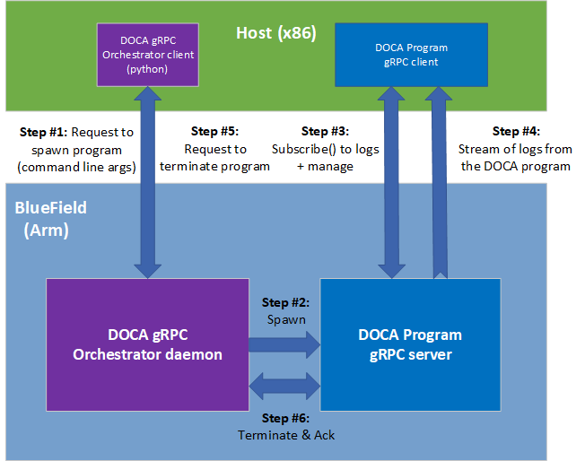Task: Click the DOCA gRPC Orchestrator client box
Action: coord(144,55)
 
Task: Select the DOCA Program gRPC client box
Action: coord(411,54)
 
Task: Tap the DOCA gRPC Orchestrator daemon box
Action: coord(147,344)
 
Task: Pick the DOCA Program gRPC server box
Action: coord(410,344)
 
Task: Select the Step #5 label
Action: coord(214,131)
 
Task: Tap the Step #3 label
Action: coord(326,131)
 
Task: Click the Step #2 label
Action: coord(284,302)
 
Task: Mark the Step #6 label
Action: coord(284,418)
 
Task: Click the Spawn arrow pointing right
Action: coord(284,343)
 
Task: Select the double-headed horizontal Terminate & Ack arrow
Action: coord(284,386)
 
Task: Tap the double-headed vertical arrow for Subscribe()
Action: coord(392,183)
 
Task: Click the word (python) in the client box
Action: coord(146,68)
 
